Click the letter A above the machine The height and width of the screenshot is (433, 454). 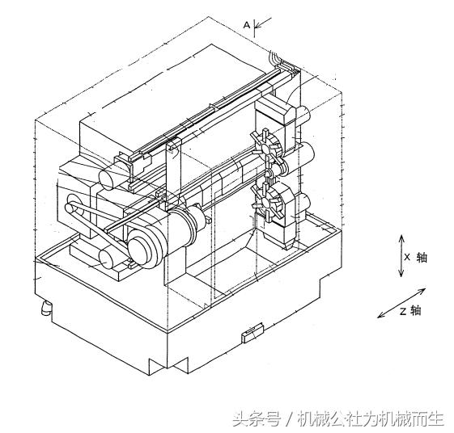click(x=246, y=25)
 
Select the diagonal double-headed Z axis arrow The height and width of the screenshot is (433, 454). click(x=401, y=301)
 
